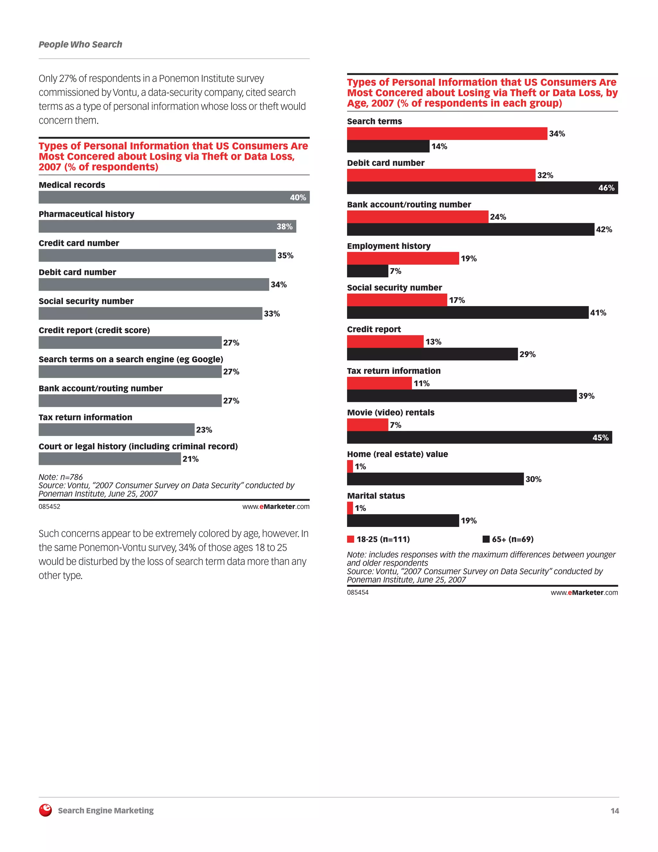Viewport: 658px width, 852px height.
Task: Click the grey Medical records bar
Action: pyautogui.click(x=164, y=197)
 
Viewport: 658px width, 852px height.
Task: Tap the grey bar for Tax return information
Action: pyautogui.click(x=116, y=430)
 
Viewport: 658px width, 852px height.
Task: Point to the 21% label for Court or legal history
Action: pyautogui.click(x=190, y=459)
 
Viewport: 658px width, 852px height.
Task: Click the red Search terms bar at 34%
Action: pyautogui.click(x=447, y=133)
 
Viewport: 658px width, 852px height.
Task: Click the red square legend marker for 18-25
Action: pyautogui.click(x=351, y=539)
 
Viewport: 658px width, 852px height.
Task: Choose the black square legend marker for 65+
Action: pyautogui.click(x=486, y=539)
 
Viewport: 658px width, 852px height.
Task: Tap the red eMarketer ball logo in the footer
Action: pyautogui.click(x=46, y=810)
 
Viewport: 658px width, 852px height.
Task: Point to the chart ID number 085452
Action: pyautogui.click(x=49, y=507)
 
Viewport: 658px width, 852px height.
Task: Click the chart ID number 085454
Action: pyautogui.click(x=358, y=592)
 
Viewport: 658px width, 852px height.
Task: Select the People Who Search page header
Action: pyautogui.click(x=80, y=44)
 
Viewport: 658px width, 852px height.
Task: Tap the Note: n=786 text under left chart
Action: pyautogui.click(x=60, y=477)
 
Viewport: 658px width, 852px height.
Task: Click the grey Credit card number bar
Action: pyautogui.click(x=157, y=255)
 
